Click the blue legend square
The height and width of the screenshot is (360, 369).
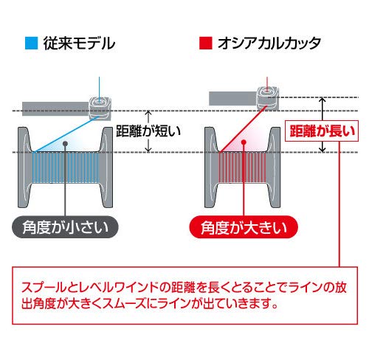[32, 44]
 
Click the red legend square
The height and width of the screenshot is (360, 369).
[205, 44]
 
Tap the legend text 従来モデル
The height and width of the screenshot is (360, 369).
[79, 44]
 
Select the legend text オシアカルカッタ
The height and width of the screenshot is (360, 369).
[269, 44]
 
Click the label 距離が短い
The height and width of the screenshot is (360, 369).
[148, 131]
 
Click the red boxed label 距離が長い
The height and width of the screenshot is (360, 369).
[322, 131]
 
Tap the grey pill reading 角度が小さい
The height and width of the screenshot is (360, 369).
[65, 227]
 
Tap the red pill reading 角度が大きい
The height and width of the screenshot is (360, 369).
[244, 227]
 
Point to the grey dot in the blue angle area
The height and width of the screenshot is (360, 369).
[65, 144]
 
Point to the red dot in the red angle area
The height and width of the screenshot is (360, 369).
[244, 142]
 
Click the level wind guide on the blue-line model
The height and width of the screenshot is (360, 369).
[100, 108]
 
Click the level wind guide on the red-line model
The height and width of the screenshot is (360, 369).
[267, 98]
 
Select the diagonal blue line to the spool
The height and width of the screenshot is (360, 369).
[66, 134]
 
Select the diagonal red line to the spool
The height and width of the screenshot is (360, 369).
[243, 129]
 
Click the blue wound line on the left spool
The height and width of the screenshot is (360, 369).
[66, 167]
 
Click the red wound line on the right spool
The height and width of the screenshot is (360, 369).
[242, 167]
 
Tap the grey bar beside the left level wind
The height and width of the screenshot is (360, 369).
[55, 108]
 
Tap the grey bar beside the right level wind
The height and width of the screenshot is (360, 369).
[233, 98]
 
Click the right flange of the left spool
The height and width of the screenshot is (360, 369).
[106, 167]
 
